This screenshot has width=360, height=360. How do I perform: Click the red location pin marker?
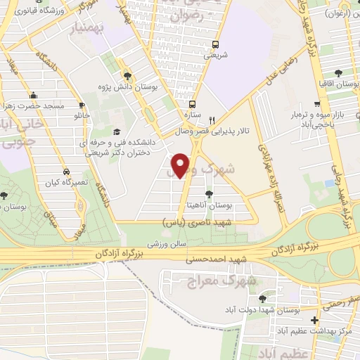(181, 165)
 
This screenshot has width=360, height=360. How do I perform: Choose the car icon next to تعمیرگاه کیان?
(65, 172)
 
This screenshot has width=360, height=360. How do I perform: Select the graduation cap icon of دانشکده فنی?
(117, 131)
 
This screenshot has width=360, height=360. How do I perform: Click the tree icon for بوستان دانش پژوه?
(127, 76)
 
